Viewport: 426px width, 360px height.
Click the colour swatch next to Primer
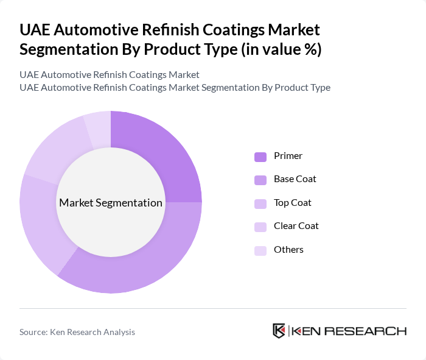tap(260, 157)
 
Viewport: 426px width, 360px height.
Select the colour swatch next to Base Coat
tap(260, 180)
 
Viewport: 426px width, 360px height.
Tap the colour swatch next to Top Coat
tap(260, 203)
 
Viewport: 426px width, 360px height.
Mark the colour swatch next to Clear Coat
tap(260, 227)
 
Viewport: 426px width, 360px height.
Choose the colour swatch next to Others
tap(260, 250)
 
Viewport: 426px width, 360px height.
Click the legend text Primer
tap(288, 156)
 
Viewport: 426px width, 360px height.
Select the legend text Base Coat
tap(295, 179)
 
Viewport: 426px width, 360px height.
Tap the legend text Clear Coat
tap(296, 226)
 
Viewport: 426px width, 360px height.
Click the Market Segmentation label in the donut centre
tap(111, 203)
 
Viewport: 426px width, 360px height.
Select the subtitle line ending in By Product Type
tap(175, 87)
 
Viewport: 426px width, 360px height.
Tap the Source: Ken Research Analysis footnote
tap(77, 332)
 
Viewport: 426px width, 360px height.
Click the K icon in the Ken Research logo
tap(279, 331)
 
